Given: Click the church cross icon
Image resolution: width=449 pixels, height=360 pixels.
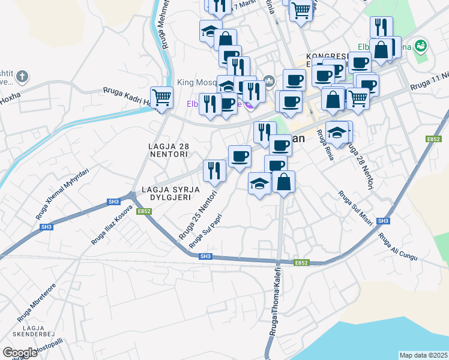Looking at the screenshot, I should [x=22, y=76].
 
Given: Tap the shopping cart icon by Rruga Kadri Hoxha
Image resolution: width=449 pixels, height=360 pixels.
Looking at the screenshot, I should [x=161, y=97].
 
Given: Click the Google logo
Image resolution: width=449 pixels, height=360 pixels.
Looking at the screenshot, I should [x=20, y=352].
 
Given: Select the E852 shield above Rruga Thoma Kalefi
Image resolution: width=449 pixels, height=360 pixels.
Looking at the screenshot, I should [x=301, y=263].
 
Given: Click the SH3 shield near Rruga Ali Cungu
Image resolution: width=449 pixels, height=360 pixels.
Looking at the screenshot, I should [x=384, y=221].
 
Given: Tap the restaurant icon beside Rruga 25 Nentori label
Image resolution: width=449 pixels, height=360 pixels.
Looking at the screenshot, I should [x=214, y=170].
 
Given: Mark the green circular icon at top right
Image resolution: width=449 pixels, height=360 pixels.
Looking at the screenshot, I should [x=421, y=46].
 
